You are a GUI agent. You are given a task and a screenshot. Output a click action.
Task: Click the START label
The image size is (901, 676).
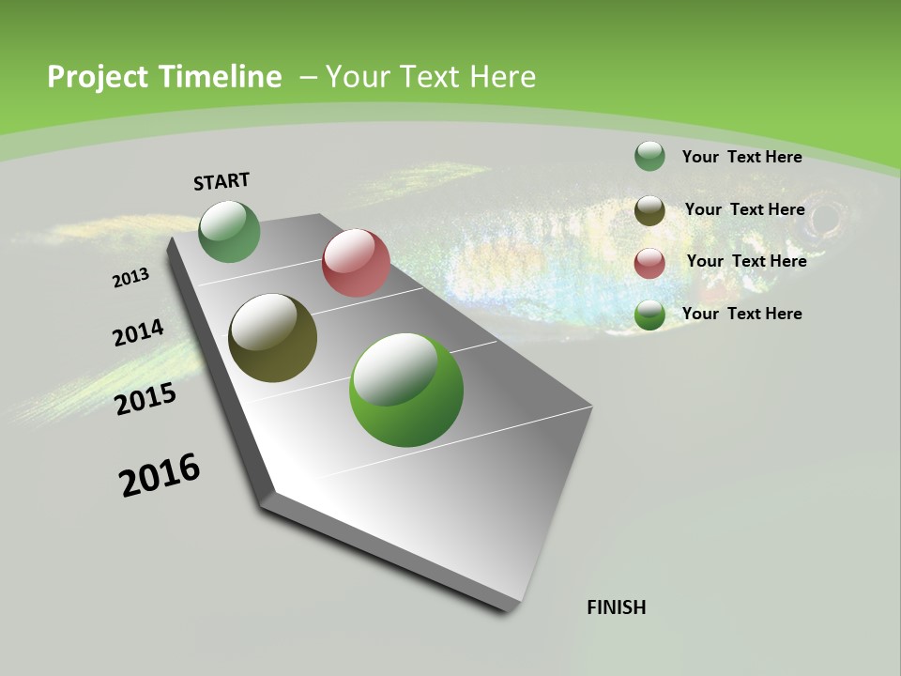click(221, 181)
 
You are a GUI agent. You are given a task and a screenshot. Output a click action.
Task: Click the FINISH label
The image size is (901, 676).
click(616, 607)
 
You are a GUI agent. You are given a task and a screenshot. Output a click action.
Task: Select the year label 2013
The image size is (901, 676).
click(131, 278)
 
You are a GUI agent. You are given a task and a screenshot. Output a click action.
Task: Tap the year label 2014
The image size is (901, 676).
click(139, 333)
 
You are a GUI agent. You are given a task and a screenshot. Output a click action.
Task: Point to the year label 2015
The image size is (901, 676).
click(145, 399)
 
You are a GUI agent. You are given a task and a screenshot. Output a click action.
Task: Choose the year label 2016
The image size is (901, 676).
click(160, 475)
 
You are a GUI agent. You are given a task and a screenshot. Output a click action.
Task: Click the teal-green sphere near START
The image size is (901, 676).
click(229, 232)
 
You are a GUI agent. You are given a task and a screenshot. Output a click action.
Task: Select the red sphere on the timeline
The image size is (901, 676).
click(356, 263)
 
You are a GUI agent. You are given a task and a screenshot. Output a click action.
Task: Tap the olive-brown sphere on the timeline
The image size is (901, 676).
click(272, 338)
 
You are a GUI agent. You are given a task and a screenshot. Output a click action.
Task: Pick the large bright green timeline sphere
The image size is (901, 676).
click(405, 390)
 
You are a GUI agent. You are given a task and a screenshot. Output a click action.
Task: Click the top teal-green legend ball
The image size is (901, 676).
click(649, 156)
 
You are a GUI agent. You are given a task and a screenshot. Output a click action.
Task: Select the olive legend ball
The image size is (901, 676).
click(649, 210)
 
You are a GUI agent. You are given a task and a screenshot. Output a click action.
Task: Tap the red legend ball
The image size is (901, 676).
click(649, 262)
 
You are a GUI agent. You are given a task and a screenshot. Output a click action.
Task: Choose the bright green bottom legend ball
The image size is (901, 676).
click(649, 315)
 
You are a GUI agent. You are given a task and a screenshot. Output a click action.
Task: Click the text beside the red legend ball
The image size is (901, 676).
click(746, 261)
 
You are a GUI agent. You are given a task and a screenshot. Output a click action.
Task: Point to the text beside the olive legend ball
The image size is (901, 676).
click(744, 209)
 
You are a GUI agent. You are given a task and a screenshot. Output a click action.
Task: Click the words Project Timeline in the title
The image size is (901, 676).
click(164, 77)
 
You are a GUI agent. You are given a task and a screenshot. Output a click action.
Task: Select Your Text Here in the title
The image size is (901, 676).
click(431, 77)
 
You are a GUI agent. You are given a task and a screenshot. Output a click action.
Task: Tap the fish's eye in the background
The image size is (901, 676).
click(827, 220)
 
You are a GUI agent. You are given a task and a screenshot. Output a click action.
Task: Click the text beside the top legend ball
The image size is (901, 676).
click(741, 157)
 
